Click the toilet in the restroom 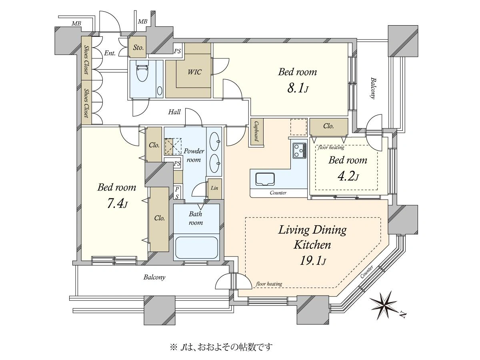[142, 72]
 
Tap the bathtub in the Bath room [196, 247]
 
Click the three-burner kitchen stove [299, 150]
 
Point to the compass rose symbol [385, 304]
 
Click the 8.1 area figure [298, 88]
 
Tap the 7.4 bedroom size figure [116, 204]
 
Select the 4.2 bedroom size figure [348, 177]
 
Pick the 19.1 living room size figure [313, 260]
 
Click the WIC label [194, 72]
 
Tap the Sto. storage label [138, 48]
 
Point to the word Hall [174, 112]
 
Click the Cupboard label [256, 131]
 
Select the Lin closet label [214, 188]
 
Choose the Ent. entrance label [110, 53]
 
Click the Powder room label [194, 155]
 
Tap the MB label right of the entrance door [142, 22]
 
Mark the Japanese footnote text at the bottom [221, 347]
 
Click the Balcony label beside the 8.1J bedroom [373, 88]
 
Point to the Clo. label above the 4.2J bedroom [328, 126]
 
